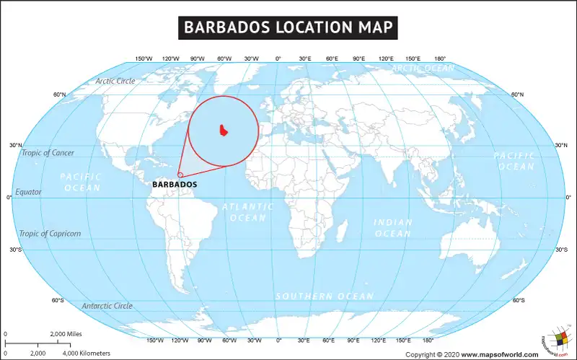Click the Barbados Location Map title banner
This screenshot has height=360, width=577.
coord(288,28)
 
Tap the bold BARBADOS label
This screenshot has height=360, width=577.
coord(175,185)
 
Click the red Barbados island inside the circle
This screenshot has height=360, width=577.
coord(224,131)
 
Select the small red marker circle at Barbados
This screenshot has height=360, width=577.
coord(180,174)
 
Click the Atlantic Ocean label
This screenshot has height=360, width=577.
coord(247,211)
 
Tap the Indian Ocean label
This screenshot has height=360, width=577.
coord(393,228)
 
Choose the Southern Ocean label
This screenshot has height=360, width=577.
coord(325,297)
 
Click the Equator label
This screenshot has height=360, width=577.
coord(30,192)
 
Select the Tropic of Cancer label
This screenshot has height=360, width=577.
coord(48,153)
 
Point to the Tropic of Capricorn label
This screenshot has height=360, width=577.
coord(50,234)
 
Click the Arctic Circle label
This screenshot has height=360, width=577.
coord(115,81)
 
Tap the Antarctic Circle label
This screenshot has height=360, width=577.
coord(107,306)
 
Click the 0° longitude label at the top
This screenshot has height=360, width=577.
coord(278,58)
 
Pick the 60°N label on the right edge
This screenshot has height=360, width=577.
coord(517,95)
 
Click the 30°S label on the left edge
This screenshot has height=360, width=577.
coord(16,250)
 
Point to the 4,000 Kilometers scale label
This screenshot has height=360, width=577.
coord(86,354)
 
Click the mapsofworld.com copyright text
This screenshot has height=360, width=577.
coord(472,354)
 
